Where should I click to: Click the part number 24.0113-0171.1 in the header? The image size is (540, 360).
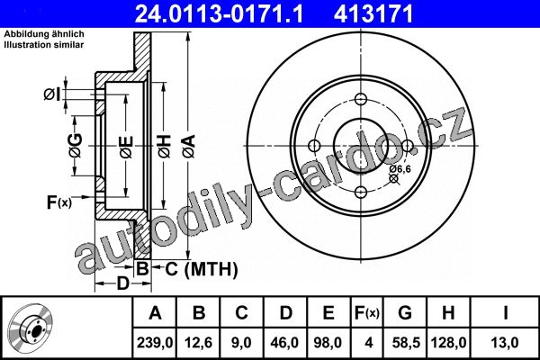point(219,13)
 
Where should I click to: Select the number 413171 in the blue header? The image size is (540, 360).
point(373,13)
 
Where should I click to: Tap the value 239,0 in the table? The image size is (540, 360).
point(155,343)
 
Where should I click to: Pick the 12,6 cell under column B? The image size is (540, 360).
point(198,343)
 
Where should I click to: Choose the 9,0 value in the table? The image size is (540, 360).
point(241,343)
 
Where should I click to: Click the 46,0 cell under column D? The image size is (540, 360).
point(285,343)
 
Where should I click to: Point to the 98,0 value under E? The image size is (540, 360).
point(328,343)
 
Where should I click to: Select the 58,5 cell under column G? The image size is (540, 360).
point(406,343)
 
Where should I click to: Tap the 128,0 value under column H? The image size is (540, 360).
point(448,343)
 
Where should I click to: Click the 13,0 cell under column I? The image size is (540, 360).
point(505,343)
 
